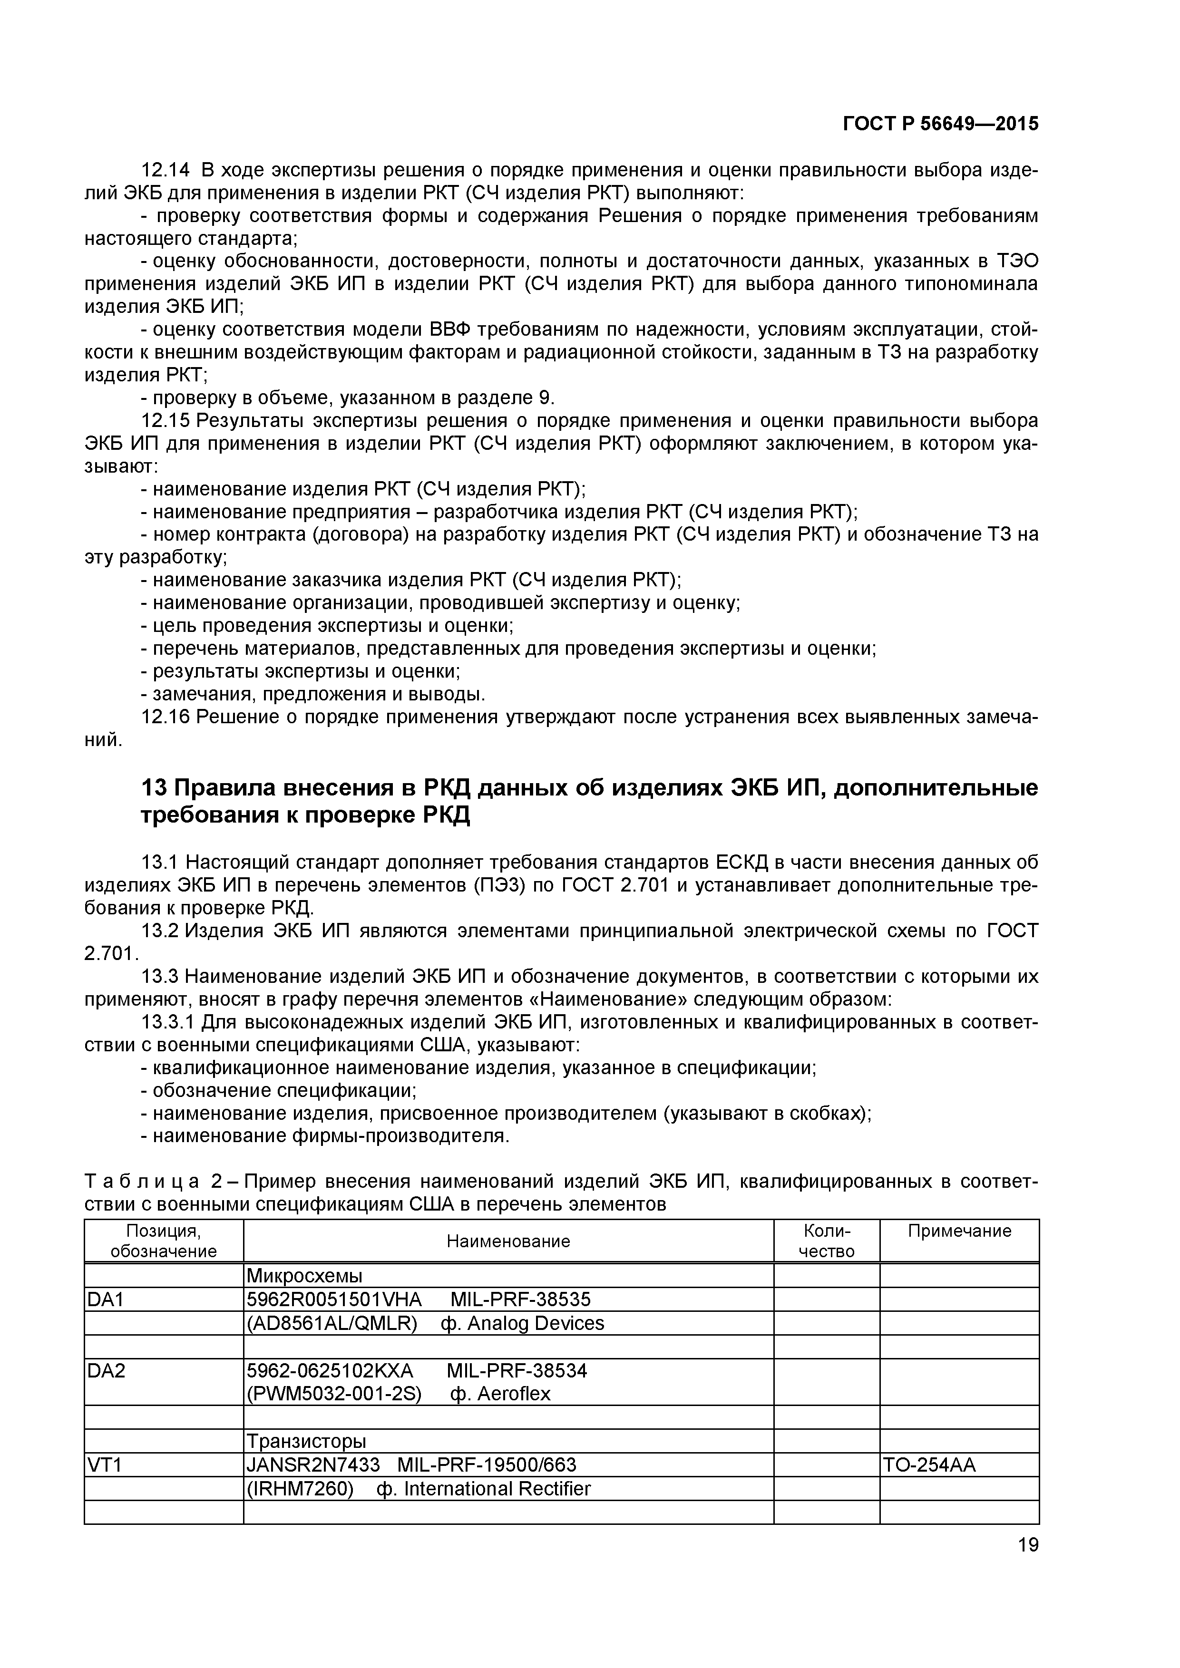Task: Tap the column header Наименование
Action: pyautogui.click(x=508, y=1241)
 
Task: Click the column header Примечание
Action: pyautogui.click(x=959, y=1231)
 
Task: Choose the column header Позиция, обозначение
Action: pyautogui.click(x=164, y=1241)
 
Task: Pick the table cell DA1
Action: pyautogui.click(x=106, y=1299)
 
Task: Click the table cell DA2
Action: pyautogui.click(x=106, y=1371)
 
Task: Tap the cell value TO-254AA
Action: pyautogui.click(x=929, y=1465)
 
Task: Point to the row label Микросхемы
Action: pyautogui.click(x=304, y=1276)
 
